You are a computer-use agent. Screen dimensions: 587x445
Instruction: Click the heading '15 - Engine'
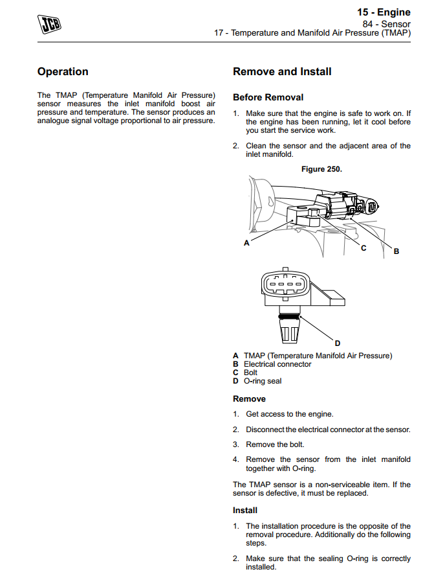(x=384, y=12)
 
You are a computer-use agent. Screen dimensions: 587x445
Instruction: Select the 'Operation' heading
(x=63, y=72)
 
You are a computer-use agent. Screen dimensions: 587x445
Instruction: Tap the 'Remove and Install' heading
(x=282, y=72)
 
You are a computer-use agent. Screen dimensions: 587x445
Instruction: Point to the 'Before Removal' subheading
(x=268, y=98)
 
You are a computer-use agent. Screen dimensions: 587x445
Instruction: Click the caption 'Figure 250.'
(x=321, y=169)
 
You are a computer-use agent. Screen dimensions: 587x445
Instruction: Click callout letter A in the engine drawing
(x=246, y=244)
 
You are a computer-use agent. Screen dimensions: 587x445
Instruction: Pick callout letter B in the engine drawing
(x=396, y=251)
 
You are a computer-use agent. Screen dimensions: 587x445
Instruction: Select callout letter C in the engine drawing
(x=364, y=248)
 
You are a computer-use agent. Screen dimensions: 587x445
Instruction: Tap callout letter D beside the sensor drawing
(x=337, y=343)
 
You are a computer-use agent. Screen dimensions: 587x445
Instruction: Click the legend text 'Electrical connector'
(x=277, y=364)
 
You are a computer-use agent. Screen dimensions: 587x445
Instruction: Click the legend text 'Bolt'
(x=250, y=373)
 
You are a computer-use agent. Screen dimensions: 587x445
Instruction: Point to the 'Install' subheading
(x=245, y=511)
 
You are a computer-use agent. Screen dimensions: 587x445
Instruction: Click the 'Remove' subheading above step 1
(x=249, y=399)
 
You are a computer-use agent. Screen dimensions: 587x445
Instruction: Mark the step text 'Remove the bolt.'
(x=275, y=444)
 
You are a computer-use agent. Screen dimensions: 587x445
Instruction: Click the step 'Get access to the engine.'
(x=290, y=414)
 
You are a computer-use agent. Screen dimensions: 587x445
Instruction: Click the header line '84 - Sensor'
(x=386, y=23)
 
